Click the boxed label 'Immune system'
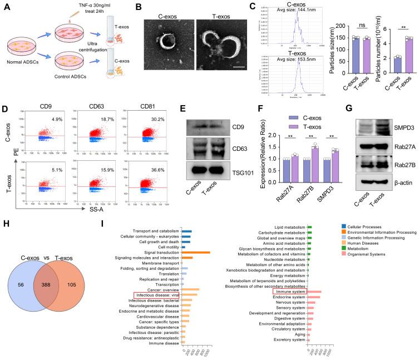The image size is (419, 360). (289, 291)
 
